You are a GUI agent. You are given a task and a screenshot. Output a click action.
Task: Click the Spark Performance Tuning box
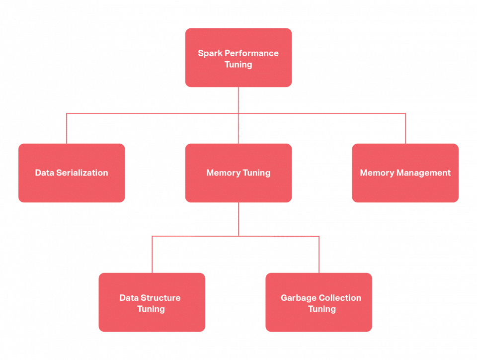click(x=238, y=58)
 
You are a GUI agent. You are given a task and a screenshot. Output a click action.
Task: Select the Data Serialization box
click(x=72, y=173)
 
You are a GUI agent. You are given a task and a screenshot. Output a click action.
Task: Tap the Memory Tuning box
click(x=238, y=173)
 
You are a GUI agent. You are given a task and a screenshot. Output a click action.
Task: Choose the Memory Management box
click(x=405, y=173)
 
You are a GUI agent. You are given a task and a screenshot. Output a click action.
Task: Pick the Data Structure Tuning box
click(x=152, y=302)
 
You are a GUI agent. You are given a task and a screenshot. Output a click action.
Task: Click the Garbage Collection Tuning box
click(x=318, y=302)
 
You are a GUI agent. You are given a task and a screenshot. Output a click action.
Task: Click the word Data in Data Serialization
click(x=44, y=173)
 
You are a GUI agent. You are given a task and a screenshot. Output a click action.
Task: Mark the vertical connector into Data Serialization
click(x=67, y=129)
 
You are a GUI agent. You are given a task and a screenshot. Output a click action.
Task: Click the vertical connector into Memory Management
click(x=405, y=129)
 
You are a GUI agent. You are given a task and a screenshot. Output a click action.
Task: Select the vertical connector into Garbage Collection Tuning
click(x=319, y=254)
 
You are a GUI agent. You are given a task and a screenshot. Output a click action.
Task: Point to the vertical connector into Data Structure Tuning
click(x=152, y=254)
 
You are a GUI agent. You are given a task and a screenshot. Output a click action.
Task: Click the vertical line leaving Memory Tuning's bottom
click(x=238, y=219)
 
